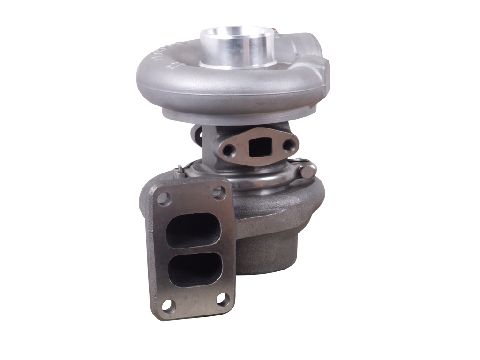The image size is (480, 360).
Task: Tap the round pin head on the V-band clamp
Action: coord(307,171)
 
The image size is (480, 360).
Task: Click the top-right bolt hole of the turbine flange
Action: coord(217,192)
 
